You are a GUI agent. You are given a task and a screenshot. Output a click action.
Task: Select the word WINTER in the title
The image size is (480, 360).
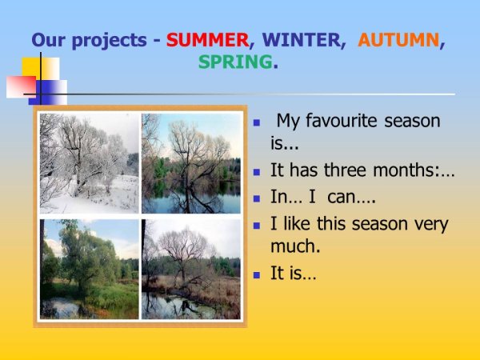[x=299, y=39]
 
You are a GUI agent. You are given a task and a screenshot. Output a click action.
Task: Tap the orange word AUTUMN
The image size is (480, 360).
[x=399, y=39]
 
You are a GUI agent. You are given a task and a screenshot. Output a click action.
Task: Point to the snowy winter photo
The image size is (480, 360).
[x=90, y=163]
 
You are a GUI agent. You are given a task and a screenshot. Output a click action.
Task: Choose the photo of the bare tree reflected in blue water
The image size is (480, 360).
[x=191, y=163]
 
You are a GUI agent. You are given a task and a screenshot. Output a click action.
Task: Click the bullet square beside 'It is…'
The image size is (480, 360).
[x=257, y=274]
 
